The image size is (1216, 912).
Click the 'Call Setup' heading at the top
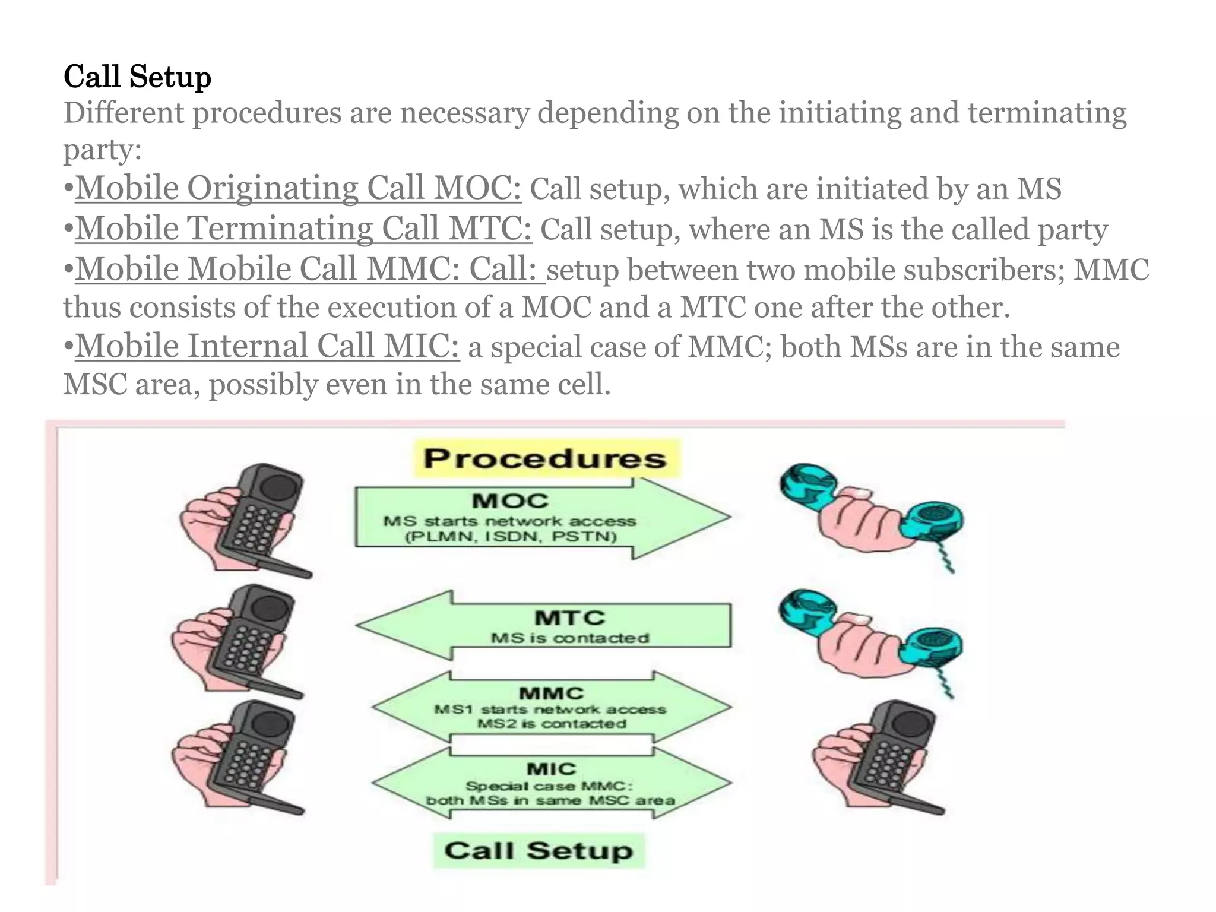click(x=137, y=77)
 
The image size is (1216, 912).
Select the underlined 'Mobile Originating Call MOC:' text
click(x=298, y=188)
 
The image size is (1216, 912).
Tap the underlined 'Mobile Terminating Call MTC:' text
click(x=303, y=229)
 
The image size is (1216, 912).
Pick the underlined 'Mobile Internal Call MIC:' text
click(x=267, y=346)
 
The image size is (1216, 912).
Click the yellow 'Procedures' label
click(x=546, y=459)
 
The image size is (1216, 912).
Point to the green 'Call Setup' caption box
click(x=539, y=851)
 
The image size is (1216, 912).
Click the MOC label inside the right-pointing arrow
click(x=510, y=501)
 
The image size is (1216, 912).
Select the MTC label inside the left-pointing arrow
click(x=569, y=618)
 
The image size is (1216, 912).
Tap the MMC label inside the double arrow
click(x=552, y=693)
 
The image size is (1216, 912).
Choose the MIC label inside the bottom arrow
click(x=552, y=769)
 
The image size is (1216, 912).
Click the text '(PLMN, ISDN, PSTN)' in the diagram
click(x=510, y=537)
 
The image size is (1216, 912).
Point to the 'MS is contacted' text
click(x=569, y=638)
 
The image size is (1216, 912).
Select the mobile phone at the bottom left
click(x=249, y=757)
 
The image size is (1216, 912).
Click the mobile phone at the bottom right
click(x=885, y=757)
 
